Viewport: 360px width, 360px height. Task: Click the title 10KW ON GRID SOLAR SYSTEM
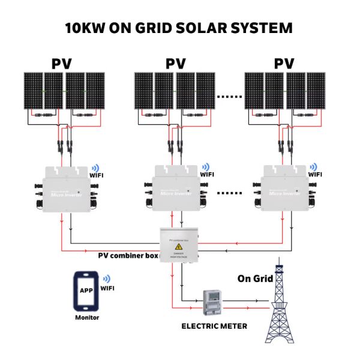(179, 28)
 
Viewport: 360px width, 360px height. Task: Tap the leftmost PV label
(64, 63)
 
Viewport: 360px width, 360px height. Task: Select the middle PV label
(175, 63)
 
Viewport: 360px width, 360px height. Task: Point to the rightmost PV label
(284, 63)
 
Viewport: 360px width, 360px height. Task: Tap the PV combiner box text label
(128, 255)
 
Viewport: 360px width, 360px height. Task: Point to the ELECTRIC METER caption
(214, 326)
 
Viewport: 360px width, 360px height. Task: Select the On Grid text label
(255, 278)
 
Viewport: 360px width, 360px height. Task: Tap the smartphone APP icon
(86, 290)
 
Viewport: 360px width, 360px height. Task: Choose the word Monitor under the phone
(87, 317)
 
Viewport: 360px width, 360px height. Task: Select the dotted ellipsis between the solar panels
(229, 95)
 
